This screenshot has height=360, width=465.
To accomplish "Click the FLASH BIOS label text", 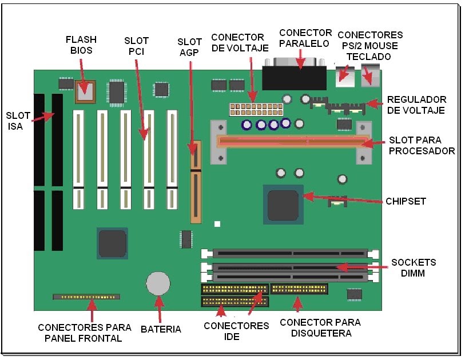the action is pos(81,45).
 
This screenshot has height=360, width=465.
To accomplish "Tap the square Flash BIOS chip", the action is pos(85,91).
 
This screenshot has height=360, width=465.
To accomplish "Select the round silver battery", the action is pos(158,283).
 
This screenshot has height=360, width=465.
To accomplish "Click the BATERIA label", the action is pos(161,329).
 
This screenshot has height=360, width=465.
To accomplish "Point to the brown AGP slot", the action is pos(196,182).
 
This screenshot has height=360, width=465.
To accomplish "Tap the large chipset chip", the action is pos(283,205).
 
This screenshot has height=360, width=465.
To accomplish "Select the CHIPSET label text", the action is pos(406,202).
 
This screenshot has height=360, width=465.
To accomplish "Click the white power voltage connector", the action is pos(256,109).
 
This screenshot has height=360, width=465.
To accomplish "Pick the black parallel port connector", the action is pos(294,78).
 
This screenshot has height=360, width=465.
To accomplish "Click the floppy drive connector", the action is pos(299,289).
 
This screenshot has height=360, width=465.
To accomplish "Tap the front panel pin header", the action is pos(86,297).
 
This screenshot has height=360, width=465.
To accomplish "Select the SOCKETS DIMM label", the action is pos(414,267).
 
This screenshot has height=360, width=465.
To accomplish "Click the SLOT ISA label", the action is pos(18,121).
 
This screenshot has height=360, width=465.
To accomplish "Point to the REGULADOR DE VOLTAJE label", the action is pos(416,105).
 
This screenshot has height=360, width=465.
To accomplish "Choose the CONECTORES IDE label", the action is pos(236,331).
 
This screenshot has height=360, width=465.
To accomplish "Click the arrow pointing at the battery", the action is pos(160,309).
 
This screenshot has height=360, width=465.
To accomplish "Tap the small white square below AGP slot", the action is pos(217,224).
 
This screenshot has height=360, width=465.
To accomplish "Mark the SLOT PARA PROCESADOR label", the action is pos(422,146).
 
